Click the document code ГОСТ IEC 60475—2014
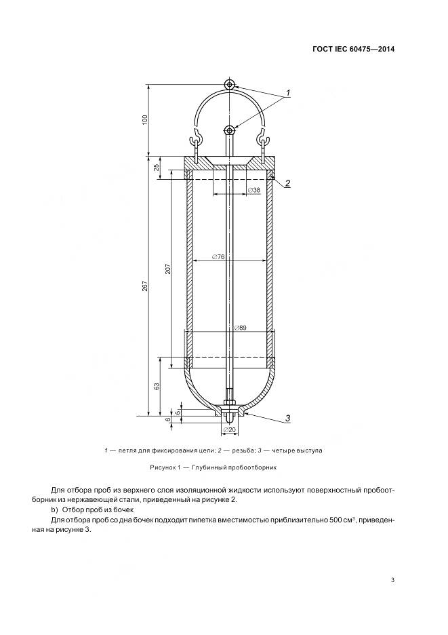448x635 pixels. (353, 49)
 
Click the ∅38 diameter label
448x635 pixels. (254, 190)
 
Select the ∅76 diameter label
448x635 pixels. (218, 256)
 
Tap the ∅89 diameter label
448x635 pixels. (240, 328)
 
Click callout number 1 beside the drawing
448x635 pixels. (288, 93)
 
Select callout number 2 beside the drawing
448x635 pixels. (288, 183)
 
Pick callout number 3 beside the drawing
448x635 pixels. (288, 418)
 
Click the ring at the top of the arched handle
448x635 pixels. (230, 85)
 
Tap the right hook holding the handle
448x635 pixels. (262, 141)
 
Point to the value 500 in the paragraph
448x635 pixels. (331, 520)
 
